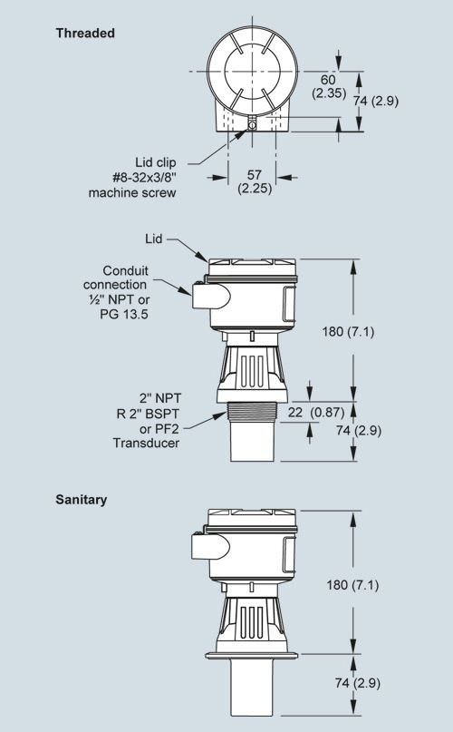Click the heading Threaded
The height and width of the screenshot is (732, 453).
[x=85, y=34]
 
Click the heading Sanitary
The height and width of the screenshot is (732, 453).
[x=82, y=500]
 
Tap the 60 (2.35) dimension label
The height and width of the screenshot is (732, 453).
[x=329, y=86]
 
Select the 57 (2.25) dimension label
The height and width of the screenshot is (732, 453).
[x=255, y=181]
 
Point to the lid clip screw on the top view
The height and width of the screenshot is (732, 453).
[x=252, y=124]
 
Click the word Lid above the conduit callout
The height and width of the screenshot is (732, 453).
[x=153, y=239]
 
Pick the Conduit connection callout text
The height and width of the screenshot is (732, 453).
[x=117, y=292]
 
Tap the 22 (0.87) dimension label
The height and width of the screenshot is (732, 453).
[x=316, y=413]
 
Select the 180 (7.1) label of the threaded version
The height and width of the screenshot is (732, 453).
[x=348, y=331]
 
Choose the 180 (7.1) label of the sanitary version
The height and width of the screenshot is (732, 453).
[x=352, y=584]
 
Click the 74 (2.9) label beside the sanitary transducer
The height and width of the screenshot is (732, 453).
[x=357, y=682]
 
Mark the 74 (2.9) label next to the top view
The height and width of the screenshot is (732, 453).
[x=376, y=101]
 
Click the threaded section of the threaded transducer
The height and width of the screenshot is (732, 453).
[x=252, y=412]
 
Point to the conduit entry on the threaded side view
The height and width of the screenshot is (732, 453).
[x=211, y=296]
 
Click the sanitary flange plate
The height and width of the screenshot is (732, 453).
[x=252, y=655]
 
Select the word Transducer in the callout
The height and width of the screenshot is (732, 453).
[x=146, y=443]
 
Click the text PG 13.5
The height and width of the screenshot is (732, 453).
[x=124, y=314]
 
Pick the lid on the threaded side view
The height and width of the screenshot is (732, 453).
[x=253, y=267]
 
